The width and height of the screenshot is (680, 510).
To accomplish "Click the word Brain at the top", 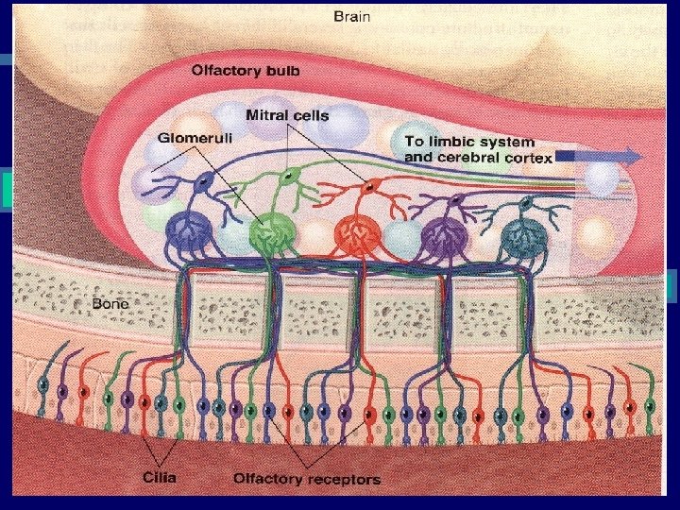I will tap(352, 16).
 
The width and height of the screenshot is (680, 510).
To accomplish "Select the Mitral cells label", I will tap(287, 116).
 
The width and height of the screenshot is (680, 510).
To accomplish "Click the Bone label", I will tap(110, 305).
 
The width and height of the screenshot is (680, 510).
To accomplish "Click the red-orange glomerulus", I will tap(358, 232).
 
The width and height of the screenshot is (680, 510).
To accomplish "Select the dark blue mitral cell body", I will tap(201, 186).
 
